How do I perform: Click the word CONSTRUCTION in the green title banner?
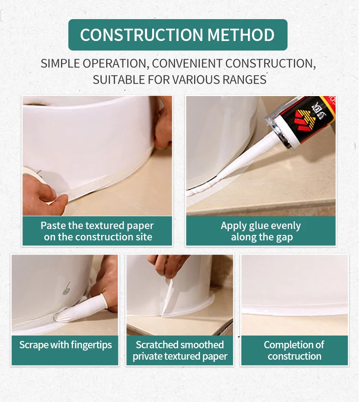(141, 35)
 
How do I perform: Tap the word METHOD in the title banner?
(241, 35)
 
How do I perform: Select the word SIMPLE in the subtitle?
(60, 64)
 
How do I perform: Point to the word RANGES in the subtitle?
(244, 80)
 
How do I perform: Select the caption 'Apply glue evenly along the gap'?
(261, 231)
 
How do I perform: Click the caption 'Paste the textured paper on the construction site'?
(97, 231)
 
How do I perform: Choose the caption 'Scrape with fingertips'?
(66, 345)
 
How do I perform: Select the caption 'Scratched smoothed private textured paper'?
(180, 351)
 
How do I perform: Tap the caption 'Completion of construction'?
(294, 351)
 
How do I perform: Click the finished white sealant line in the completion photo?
(294, 311)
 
